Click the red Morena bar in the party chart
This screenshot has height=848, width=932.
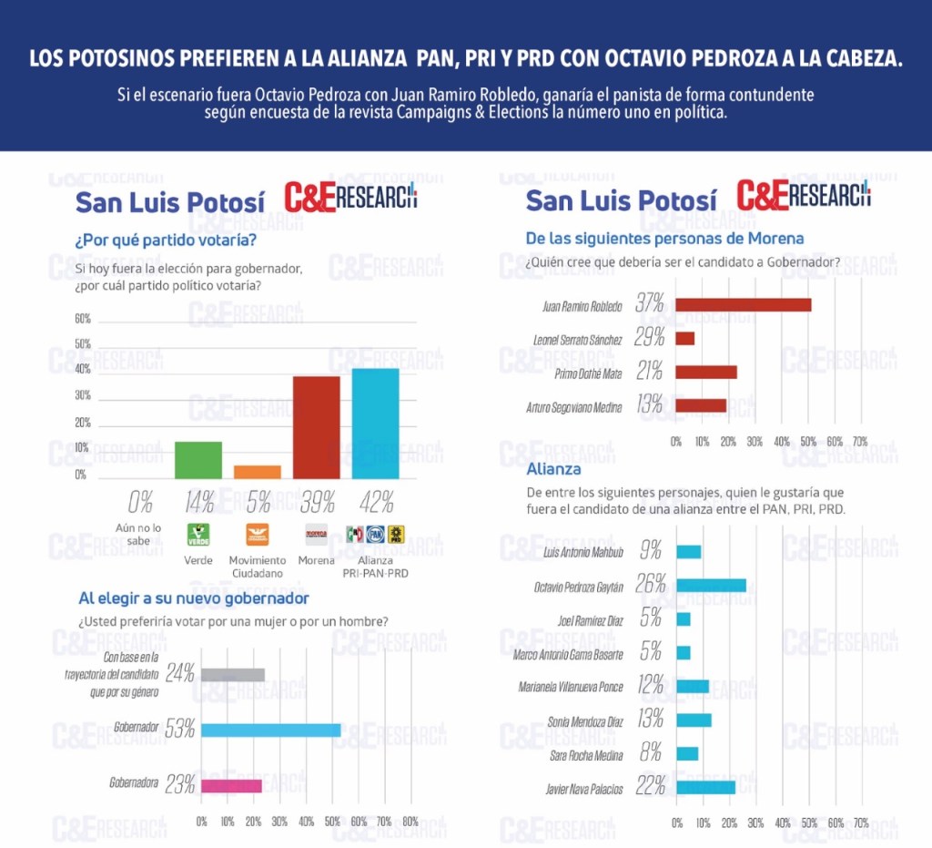tap(316, 426)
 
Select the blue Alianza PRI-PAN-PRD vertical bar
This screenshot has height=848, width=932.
tap(375, 424)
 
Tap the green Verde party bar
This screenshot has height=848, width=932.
tap(198, 459)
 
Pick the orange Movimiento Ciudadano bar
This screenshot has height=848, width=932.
tap(258, 472)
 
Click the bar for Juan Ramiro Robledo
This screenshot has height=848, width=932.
tap(744, 305)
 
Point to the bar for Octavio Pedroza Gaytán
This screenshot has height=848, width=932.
tap(711, 586)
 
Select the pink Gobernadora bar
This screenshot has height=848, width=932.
tap(231, 785)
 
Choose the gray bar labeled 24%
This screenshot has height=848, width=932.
tap(233, 675)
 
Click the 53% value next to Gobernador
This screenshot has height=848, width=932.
tap(180, 729)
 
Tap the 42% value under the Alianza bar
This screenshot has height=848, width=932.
tap(375, 501)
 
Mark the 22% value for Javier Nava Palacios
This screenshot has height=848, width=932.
tap(650, 789)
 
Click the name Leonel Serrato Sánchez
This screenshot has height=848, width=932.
tap(578, 340)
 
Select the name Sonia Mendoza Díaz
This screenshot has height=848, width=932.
tap(585, 721)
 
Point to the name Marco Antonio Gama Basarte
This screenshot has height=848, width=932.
tap(568, 653)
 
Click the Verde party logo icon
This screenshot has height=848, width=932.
tap(198, 535)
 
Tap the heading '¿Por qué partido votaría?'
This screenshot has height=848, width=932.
tap(165, 241)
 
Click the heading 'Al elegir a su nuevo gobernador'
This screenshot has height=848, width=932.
tap(193, 598)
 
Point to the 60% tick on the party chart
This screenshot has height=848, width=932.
tap(83, 319)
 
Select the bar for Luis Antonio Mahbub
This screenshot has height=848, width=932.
tap(688, 552)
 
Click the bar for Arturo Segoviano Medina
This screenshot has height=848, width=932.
tap(701, 406)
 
